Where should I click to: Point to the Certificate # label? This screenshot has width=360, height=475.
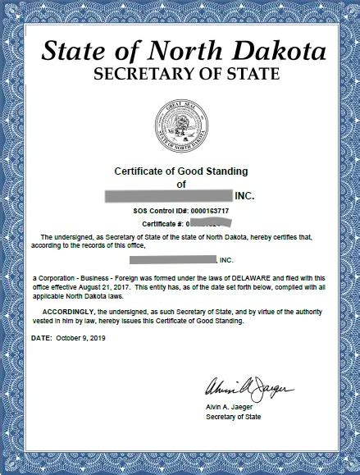click(x=162, y=223)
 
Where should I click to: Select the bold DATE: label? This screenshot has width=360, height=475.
click(x=42, y=337)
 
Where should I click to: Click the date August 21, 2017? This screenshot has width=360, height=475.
click(x=99, y=287)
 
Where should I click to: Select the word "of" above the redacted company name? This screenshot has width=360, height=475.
click(x=182, y=185)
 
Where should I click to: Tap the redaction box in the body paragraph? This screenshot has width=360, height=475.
click(x=171, y=259)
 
